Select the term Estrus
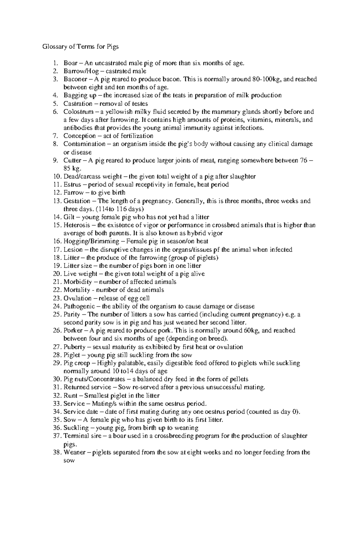pyautogui.click(x=72, y=185)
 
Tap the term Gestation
pyautogui.click(x=76, y=201)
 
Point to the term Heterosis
pyautogui.click(x=76, y=225)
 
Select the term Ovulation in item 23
pyautogui.click(x=77, y=298)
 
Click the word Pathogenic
pyautogui.click(x=79, y=306)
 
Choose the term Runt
pyautogui.click(x=70, y=396)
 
